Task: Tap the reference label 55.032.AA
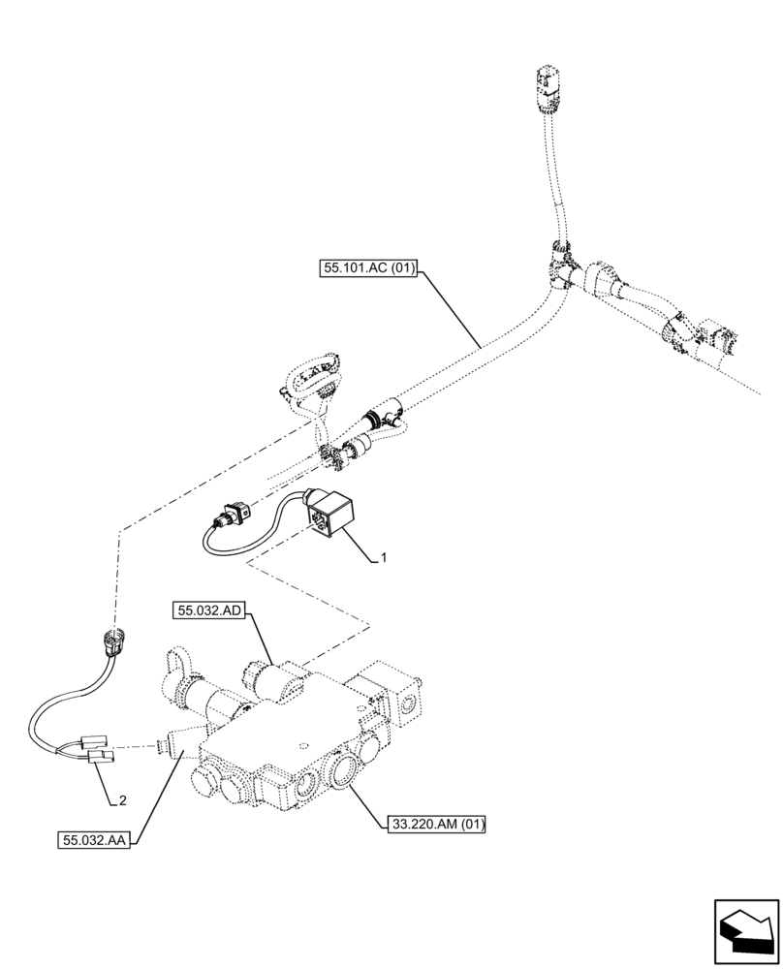[93, 836]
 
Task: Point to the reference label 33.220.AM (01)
[435, 825]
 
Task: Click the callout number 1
[385, 558]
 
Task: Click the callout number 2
[122, 800]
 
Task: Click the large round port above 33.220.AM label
[346, 773]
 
